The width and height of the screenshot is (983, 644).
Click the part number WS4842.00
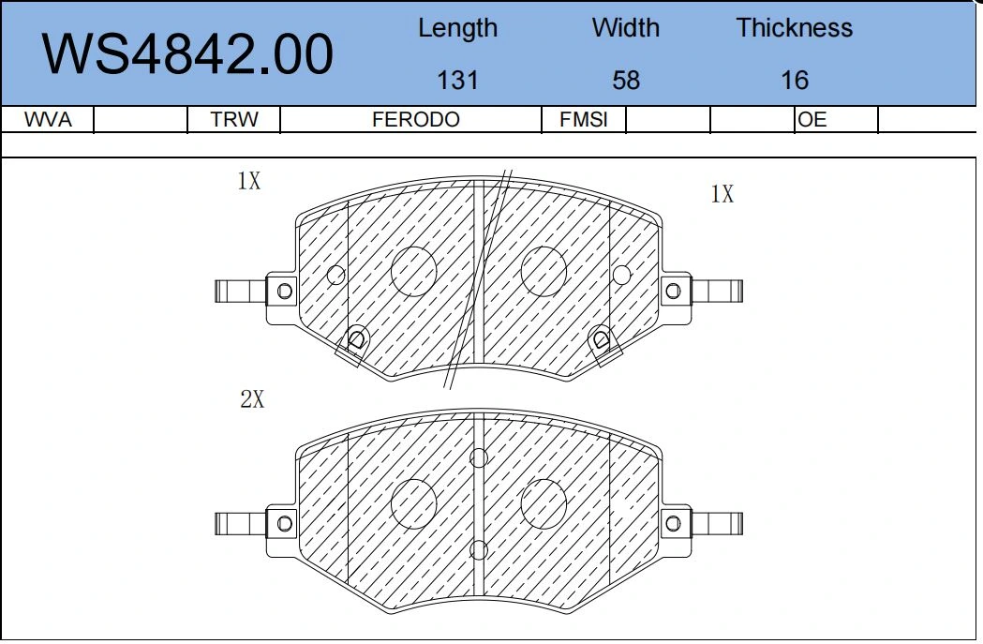point(187,54)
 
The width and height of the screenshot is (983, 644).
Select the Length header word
point(457,28)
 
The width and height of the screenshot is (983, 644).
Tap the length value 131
point(457,81)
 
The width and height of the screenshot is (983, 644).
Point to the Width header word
point(626,27)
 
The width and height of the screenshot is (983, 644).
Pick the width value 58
point(626,81)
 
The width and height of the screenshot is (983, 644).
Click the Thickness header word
point(795,27)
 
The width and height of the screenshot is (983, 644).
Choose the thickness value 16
point(795,81)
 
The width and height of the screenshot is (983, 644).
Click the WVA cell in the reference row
point(48,119)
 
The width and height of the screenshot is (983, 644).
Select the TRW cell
point(234,119)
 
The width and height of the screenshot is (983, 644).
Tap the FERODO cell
point(416,119)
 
